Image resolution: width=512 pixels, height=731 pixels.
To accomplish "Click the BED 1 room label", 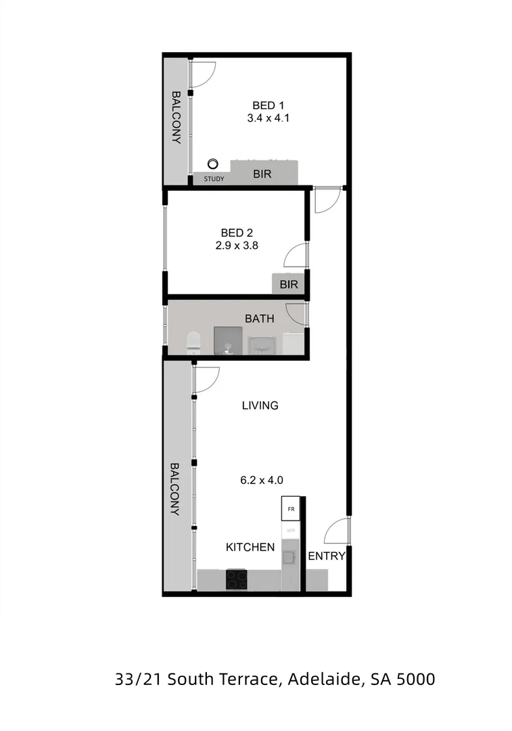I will click(264, 105).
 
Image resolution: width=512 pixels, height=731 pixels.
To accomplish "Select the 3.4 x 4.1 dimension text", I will click(264, 118).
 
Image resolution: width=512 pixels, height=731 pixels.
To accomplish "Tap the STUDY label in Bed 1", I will click(214, 179).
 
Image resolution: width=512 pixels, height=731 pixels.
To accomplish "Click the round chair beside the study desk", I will click(213, 163).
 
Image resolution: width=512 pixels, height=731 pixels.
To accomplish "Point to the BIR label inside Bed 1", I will click(262, 174).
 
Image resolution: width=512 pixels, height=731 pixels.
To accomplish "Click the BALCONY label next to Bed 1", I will click(177, 118).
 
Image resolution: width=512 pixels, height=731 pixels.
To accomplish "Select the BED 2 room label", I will click(236, 234).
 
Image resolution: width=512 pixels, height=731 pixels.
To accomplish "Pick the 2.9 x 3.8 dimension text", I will click(236, 246).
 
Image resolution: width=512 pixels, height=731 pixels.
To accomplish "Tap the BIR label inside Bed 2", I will click(289, 284).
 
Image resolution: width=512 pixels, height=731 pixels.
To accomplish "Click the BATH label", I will click(260, 318).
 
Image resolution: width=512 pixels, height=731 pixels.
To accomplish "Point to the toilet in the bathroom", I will click(193, 342).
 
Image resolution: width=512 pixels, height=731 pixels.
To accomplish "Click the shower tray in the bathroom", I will click(228, 340).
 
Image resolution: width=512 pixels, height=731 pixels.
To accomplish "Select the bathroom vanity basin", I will click(264, 344).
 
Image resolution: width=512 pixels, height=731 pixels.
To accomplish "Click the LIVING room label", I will click(260, 405).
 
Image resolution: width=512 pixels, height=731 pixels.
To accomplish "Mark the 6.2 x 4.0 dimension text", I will click(261, 481).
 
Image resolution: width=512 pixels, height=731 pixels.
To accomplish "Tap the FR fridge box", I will click(291, 509).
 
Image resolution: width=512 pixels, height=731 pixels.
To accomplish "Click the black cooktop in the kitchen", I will click(236, 579).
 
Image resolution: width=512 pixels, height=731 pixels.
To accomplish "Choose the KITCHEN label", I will click(250, 547).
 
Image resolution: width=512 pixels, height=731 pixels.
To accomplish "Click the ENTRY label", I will click(327, 556).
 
